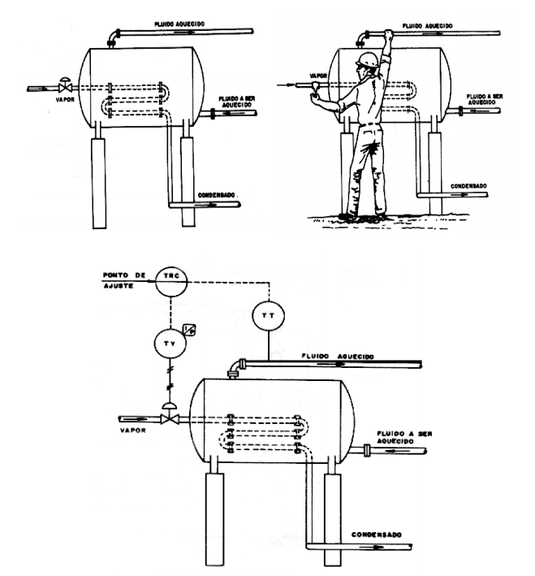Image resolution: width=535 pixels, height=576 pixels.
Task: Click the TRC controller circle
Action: [x=170, y=281]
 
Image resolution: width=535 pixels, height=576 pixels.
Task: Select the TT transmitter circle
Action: [x=269, y=315]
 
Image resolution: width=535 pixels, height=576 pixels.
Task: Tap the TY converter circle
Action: [x=170, y=343]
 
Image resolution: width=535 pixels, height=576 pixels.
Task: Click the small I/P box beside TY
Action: [x=189, y=330]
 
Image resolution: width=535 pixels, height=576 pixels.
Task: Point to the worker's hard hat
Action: [x=367, y=60]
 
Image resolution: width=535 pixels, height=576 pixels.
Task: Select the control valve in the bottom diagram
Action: [x=170, y=414]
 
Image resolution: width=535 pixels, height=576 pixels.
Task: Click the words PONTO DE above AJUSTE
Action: [x=124, y=275]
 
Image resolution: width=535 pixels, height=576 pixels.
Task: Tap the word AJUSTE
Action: [x=119, y=286]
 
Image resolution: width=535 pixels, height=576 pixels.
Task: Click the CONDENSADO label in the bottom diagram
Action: [x=377, y=535]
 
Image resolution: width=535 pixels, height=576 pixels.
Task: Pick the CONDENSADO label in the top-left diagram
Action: [x=216, y=195]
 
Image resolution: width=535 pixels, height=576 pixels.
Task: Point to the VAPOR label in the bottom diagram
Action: [x=133, y=430]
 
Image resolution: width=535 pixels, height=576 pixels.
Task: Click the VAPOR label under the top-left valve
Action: [x=65, y=100]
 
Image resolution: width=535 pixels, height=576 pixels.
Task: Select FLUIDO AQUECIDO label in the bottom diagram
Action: [x=338, y=356]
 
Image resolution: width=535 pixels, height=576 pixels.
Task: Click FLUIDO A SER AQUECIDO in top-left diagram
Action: [x=236, y=102]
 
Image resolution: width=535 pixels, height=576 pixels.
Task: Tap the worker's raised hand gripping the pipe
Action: [x=388, y=35]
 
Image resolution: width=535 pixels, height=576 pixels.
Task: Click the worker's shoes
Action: [x=362, y=218]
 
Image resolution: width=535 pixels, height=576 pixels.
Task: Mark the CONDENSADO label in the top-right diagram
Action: [x=468, y=186]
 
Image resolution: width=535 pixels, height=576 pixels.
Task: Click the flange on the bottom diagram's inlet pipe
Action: [x=366, y=450]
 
